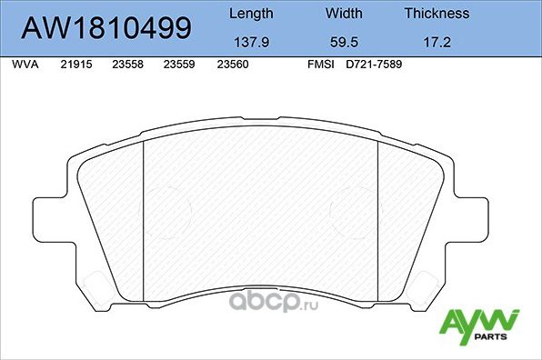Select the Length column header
click(250, 14)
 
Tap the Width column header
click(344, 14)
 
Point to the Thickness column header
click(437, 14)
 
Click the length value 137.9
click(250, 42)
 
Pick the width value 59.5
click(344, 42)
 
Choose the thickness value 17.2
click(437, 42)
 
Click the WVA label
click(25, 66)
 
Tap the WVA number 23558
click(127, 66)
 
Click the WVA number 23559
click(179, 66)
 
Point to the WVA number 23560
click(233, 66)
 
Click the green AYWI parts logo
click(479, 324)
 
